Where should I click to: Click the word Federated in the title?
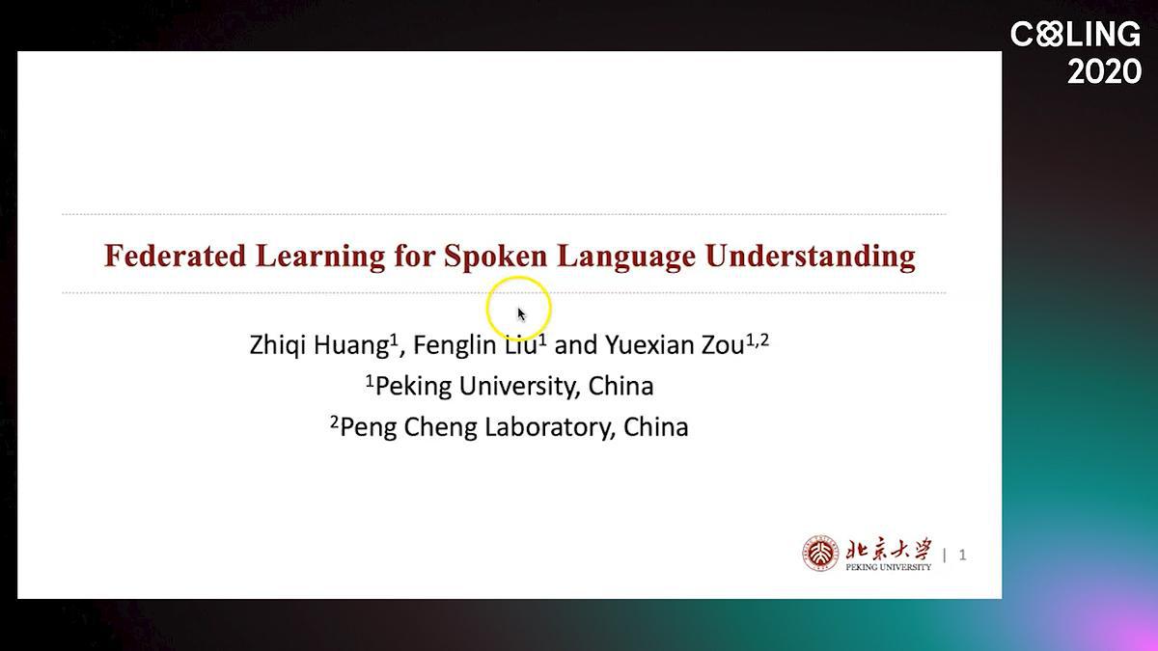(176, 256)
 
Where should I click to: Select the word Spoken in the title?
(496, 257)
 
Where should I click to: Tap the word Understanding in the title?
(811, 257)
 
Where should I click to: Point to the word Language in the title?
(626, 257)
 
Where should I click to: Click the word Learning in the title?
(320, 257)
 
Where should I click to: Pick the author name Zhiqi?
(278, 344)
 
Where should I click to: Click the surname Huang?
(351, 345)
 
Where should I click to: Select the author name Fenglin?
(455, 345)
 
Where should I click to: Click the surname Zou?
(722, 345)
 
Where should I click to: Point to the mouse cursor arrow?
(521, 314)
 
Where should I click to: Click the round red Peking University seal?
(820, 554)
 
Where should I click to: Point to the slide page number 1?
(962, 555)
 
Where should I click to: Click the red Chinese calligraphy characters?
(889, 549)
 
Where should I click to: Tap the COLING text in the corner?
(1075, 34)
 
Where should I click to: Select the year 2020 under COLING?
(1104, 71)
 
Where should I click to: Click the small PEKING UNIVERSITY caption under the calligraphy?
(888, 567)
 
